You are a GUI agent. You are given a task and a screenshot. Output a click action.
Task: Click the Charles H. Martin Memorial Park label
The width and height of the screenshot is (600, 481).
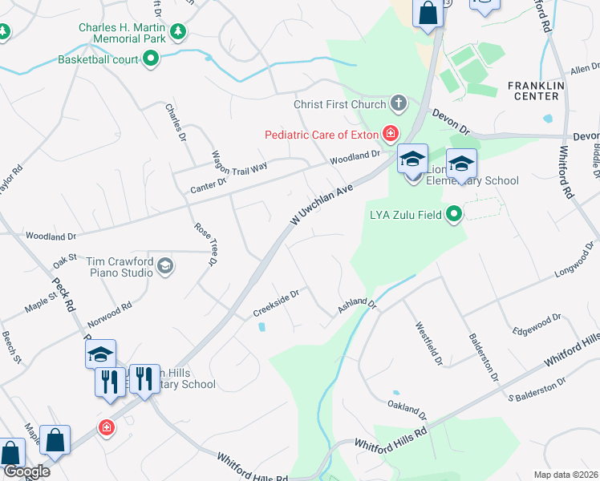122,33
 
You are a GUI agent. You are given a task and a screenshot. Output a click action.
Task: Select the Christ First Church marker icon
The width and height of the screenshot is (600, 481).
398,103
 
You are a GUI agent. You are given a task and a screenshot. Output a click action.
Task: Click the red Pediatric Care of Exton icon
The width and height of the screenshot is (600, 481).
391,133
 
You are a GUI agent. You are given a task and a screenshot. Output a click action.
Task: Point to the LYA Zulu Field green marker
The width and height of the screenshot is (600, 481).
455,214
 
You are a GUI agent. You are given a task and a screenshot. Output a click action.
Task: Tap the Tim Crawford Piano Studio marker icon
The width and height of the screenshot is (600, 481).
164,266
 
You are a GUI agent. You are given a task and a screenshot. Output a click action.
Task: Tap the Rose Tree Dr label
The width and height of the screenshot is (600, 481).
206,245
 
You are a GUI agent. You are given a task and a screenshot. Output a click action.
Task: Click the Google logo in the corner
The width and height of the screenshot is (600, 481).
26,471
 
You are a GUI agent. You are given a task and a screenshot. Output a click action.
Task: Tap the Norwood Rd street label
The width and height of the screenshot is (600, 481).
111,308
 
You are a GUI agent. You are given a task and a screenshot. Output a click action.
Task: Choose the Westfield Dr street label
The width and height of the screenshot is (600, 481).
428,345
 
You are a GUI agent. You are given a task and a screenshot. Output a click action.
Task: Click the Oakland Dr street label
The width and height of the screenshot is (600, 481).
407,410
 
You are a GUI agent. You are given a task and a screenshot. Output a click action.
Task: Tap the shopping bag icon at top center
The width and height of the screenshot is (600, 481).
428,13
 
